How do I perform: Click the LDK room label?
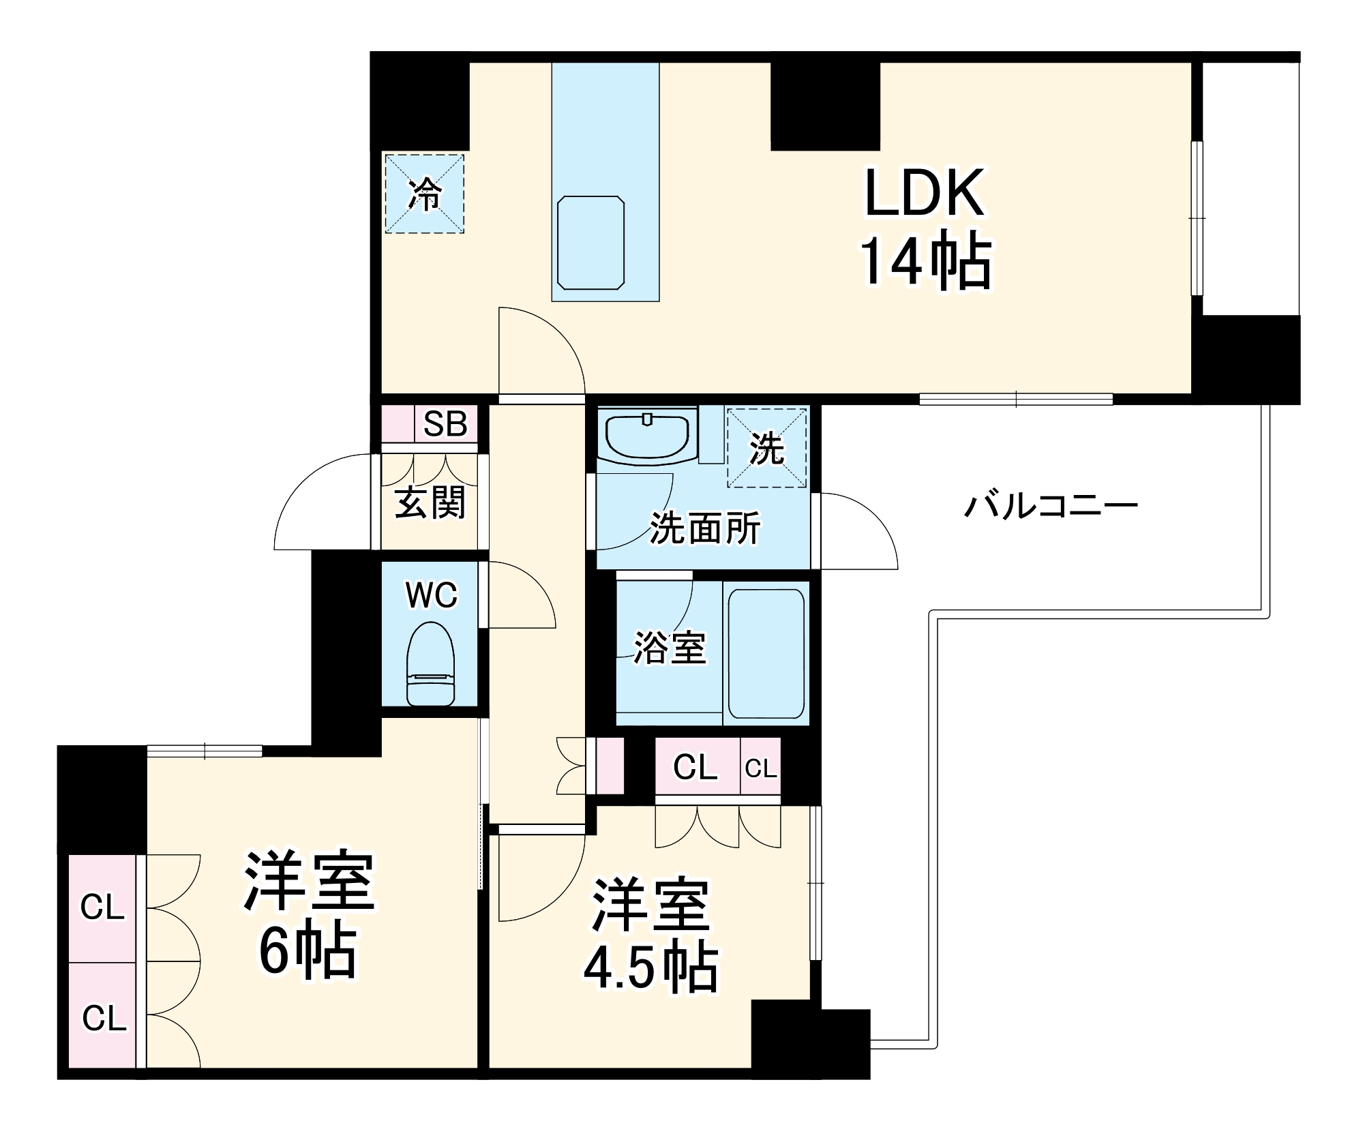pyautogui.click(x=924, y=192)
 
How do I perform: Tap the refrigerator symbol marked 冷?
pyautogui.click(x=424, y=194)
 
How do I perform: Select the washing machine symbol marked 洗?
pyautogui.click(x=767, y=448)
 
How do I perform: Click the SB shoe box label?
pyautogui.click(x=445, y=423)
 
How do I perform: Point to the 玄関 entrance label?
pyautogui.click(x=430, y=502)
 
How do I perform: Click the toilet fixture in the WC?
pyautogui.click(x=430, y=663)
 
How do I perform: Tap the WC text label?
pyautogui.click(x=431, y=595)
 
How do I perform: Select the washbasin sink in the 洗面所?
pyautogui.click(x=647, y=436)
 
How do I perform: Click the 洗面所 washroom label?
pyautogui.click(x=704, y=528)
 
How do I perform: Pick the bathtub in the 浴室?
pyautogui.click(x=766, y=653)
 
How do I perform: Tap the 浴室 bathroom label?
pyautogui.click(x=670, y=647)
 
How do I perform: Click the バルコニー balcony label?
pyautogui.click(x=1051, y=505)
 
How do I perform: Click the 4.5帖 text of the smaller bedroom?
pyautogui.click(x=650, y=967)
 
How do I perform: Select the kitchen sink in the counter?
pyautogui.click(x=590, y=242)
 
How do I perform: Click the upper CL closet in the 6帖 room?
pyautogui.click(x=102, y=907)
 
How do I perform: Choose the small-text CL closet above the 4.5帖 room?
pyautogui.click(x=760, y=768)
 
